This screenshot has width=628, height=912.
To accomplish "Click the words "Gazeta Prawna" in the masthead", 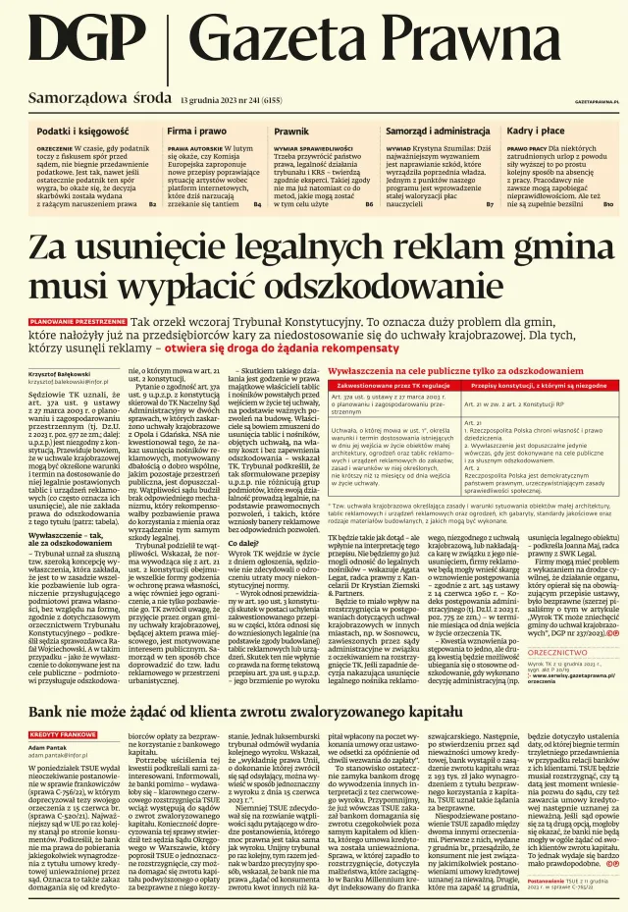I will [393, 44].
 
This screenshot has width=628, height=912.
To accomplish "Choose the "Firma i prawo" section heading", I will [196, 130].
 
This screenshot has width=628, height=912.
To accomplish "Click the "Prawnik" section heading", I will [291, 130].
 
